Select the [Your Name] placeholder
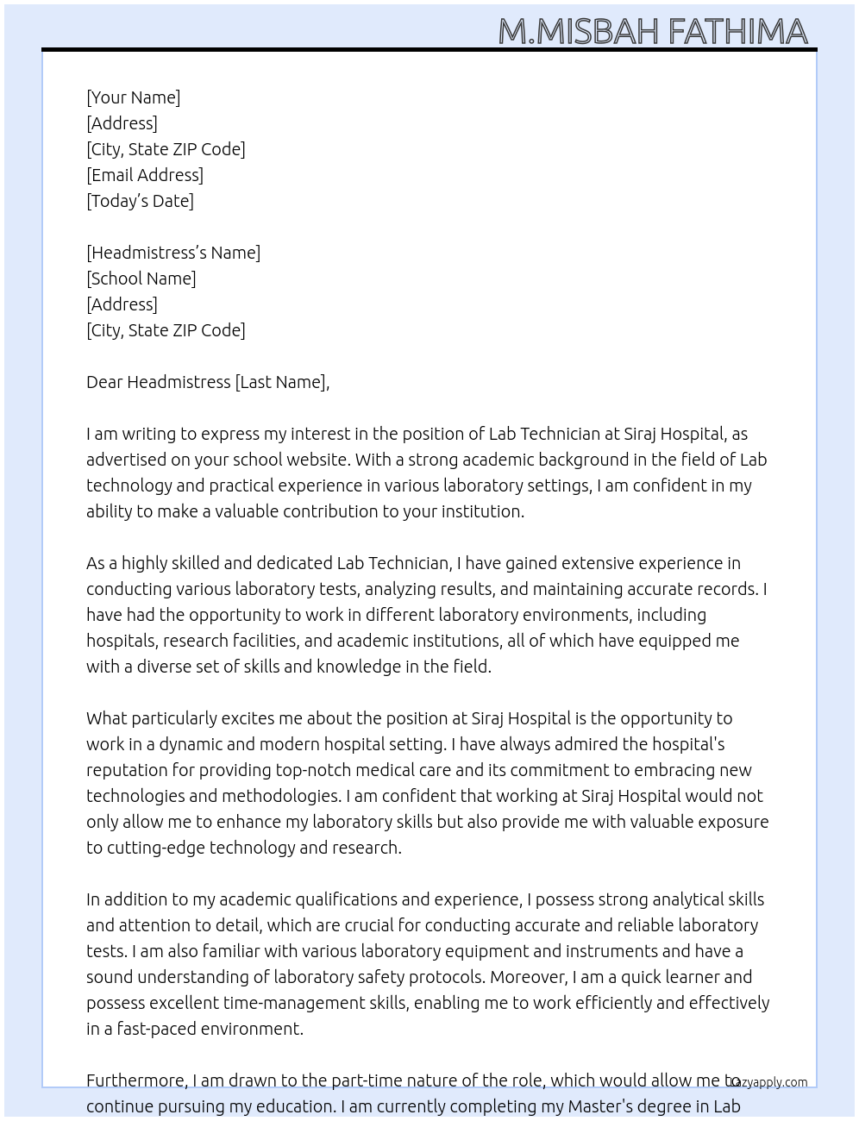pyautogui.click(x=134, y=97)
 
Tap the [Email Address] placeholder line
pyautogui.click(x=145, y=175)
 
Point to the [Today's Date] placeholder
pyautogui.click(x=140, y=201)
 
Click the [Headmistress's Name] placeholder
pyautogui.click(x=173, y=253)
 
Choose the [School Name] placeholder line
pyautogui.click(x=141, y=279)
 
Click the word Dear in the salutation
pyautogui.click(x=104, y=382)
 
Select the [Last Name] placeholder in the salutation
pyautogui.click(x=281, y=382)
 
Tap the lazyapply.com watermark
pyautogui.click(x=769, y=1082)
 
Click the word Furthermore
pyautogui.click(x=136, y=1080)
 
